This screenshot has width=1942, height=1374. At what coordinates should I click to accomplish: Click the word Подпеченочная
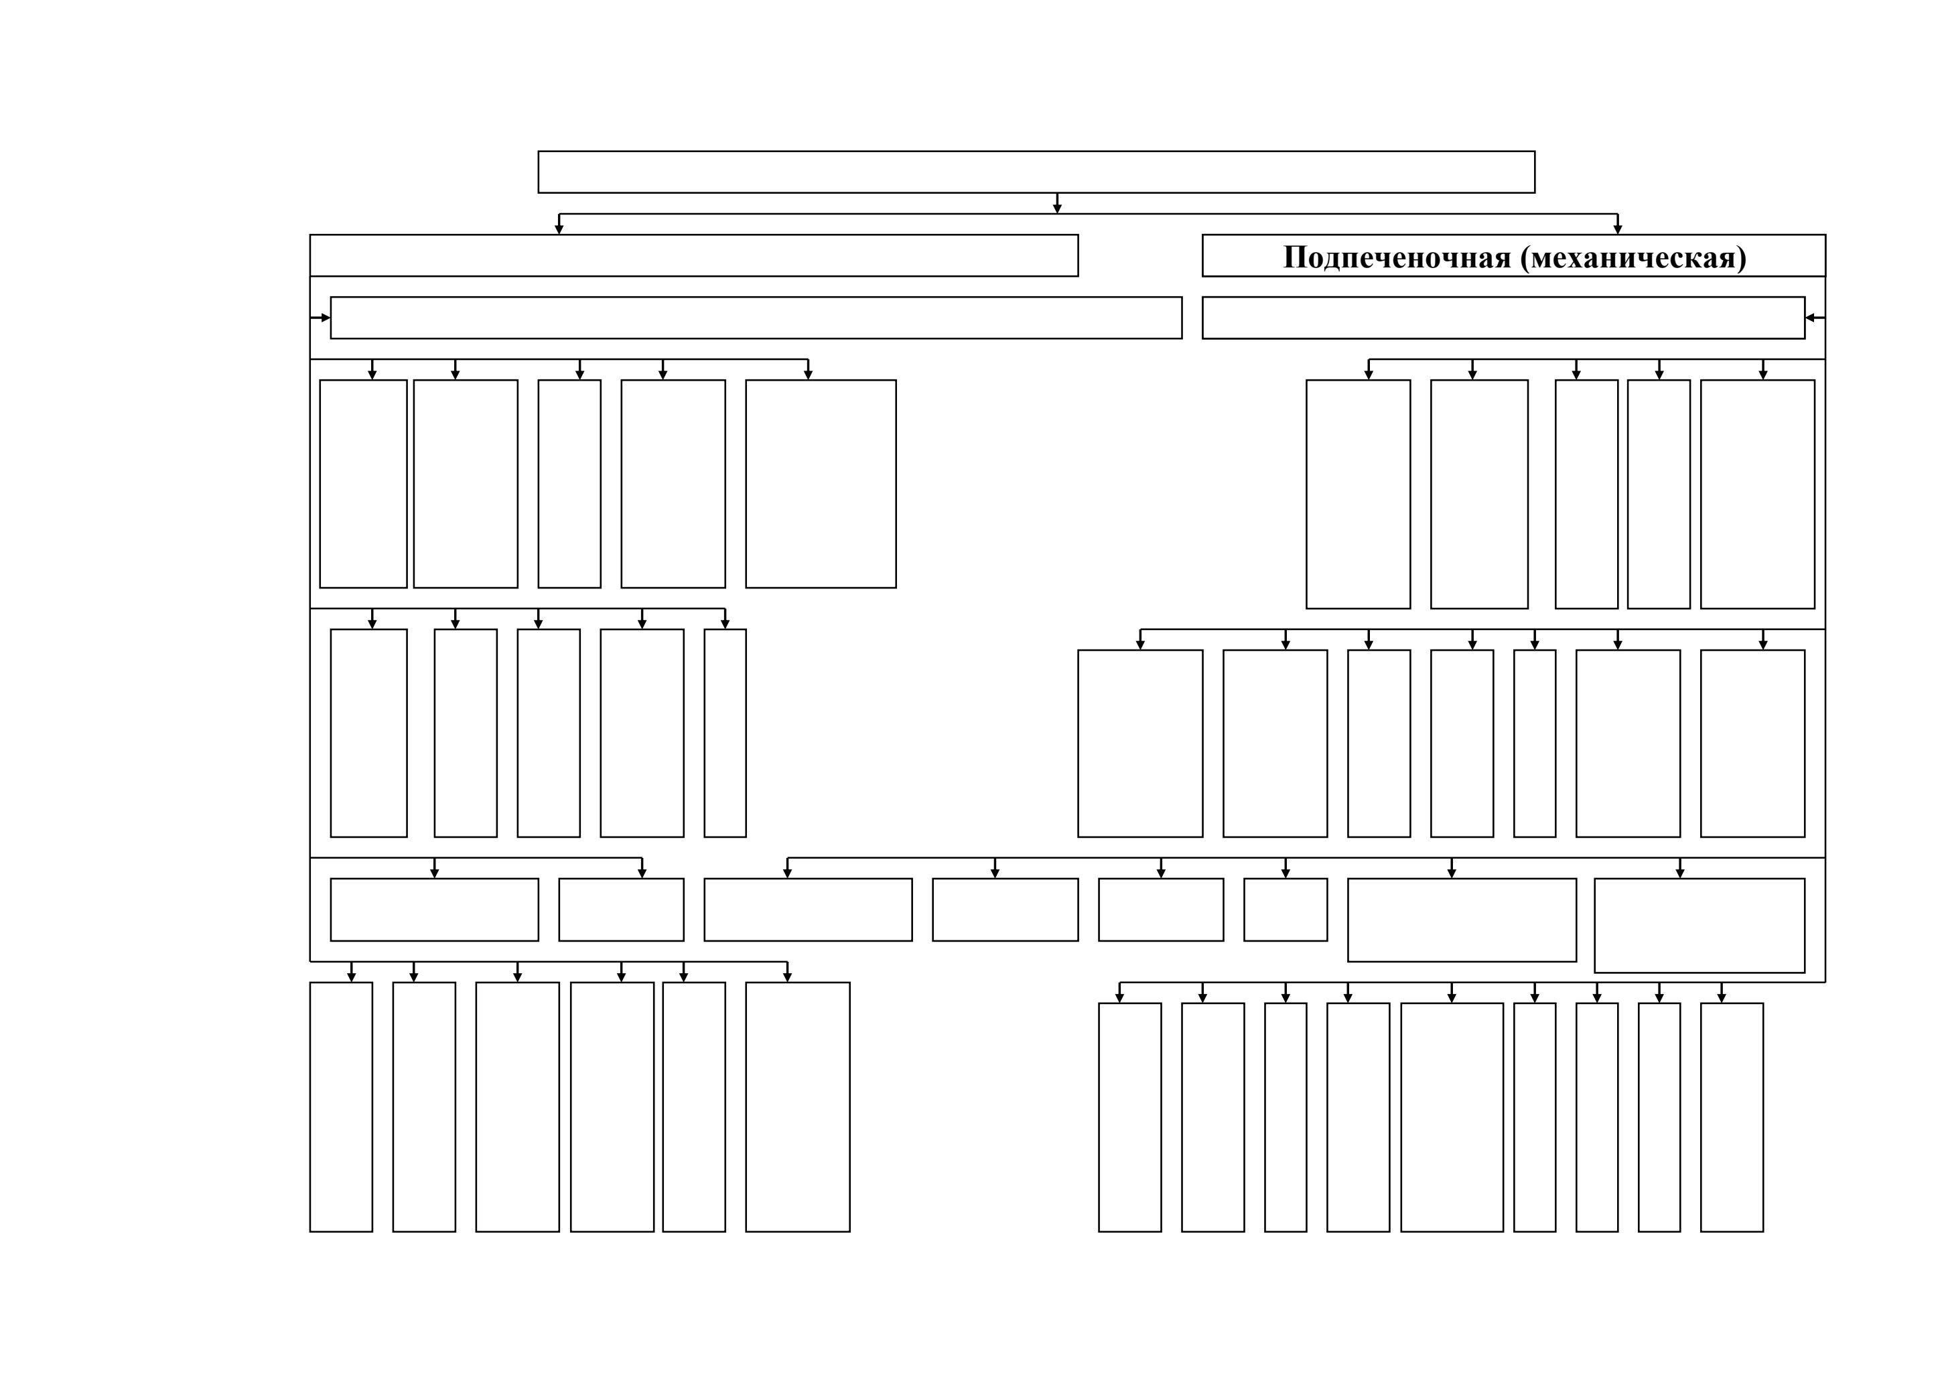pyautogui.click(x=1397, y=257)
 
